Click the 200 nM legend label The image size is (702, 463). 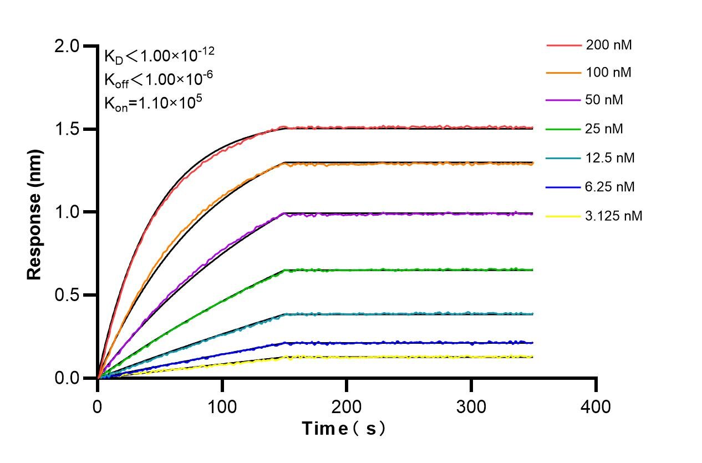(608, 45)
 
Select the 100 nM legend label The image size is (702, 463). (608, 73)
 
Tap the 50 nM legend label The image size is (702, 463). (604, 101)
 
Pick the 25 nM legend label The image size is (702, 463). (604, 129)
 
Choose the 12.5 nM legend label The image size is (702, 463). (610, 158)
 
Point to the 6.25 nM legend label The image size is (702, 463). (610, 187)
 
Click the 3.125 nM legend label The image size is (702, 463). (614, 216)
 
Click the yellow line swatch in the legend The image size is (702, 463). (562, 216)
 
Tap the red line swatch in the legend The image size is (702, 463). (562, 45)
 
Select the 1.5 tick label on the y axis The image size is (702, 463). (67, 129)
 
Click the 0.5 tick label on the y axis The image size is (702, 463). (67, 295)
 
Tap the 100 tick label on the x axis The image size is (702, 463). (222, 406)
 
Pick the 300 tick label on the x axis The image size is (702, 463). (471, 406)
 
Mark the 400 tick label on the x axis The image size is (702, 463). (596, 406)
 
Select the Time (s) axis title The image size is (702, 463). (343, 429)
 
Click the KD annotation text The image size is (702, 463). (159, 56)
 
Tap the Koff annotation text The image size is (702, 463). (159, 80)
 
